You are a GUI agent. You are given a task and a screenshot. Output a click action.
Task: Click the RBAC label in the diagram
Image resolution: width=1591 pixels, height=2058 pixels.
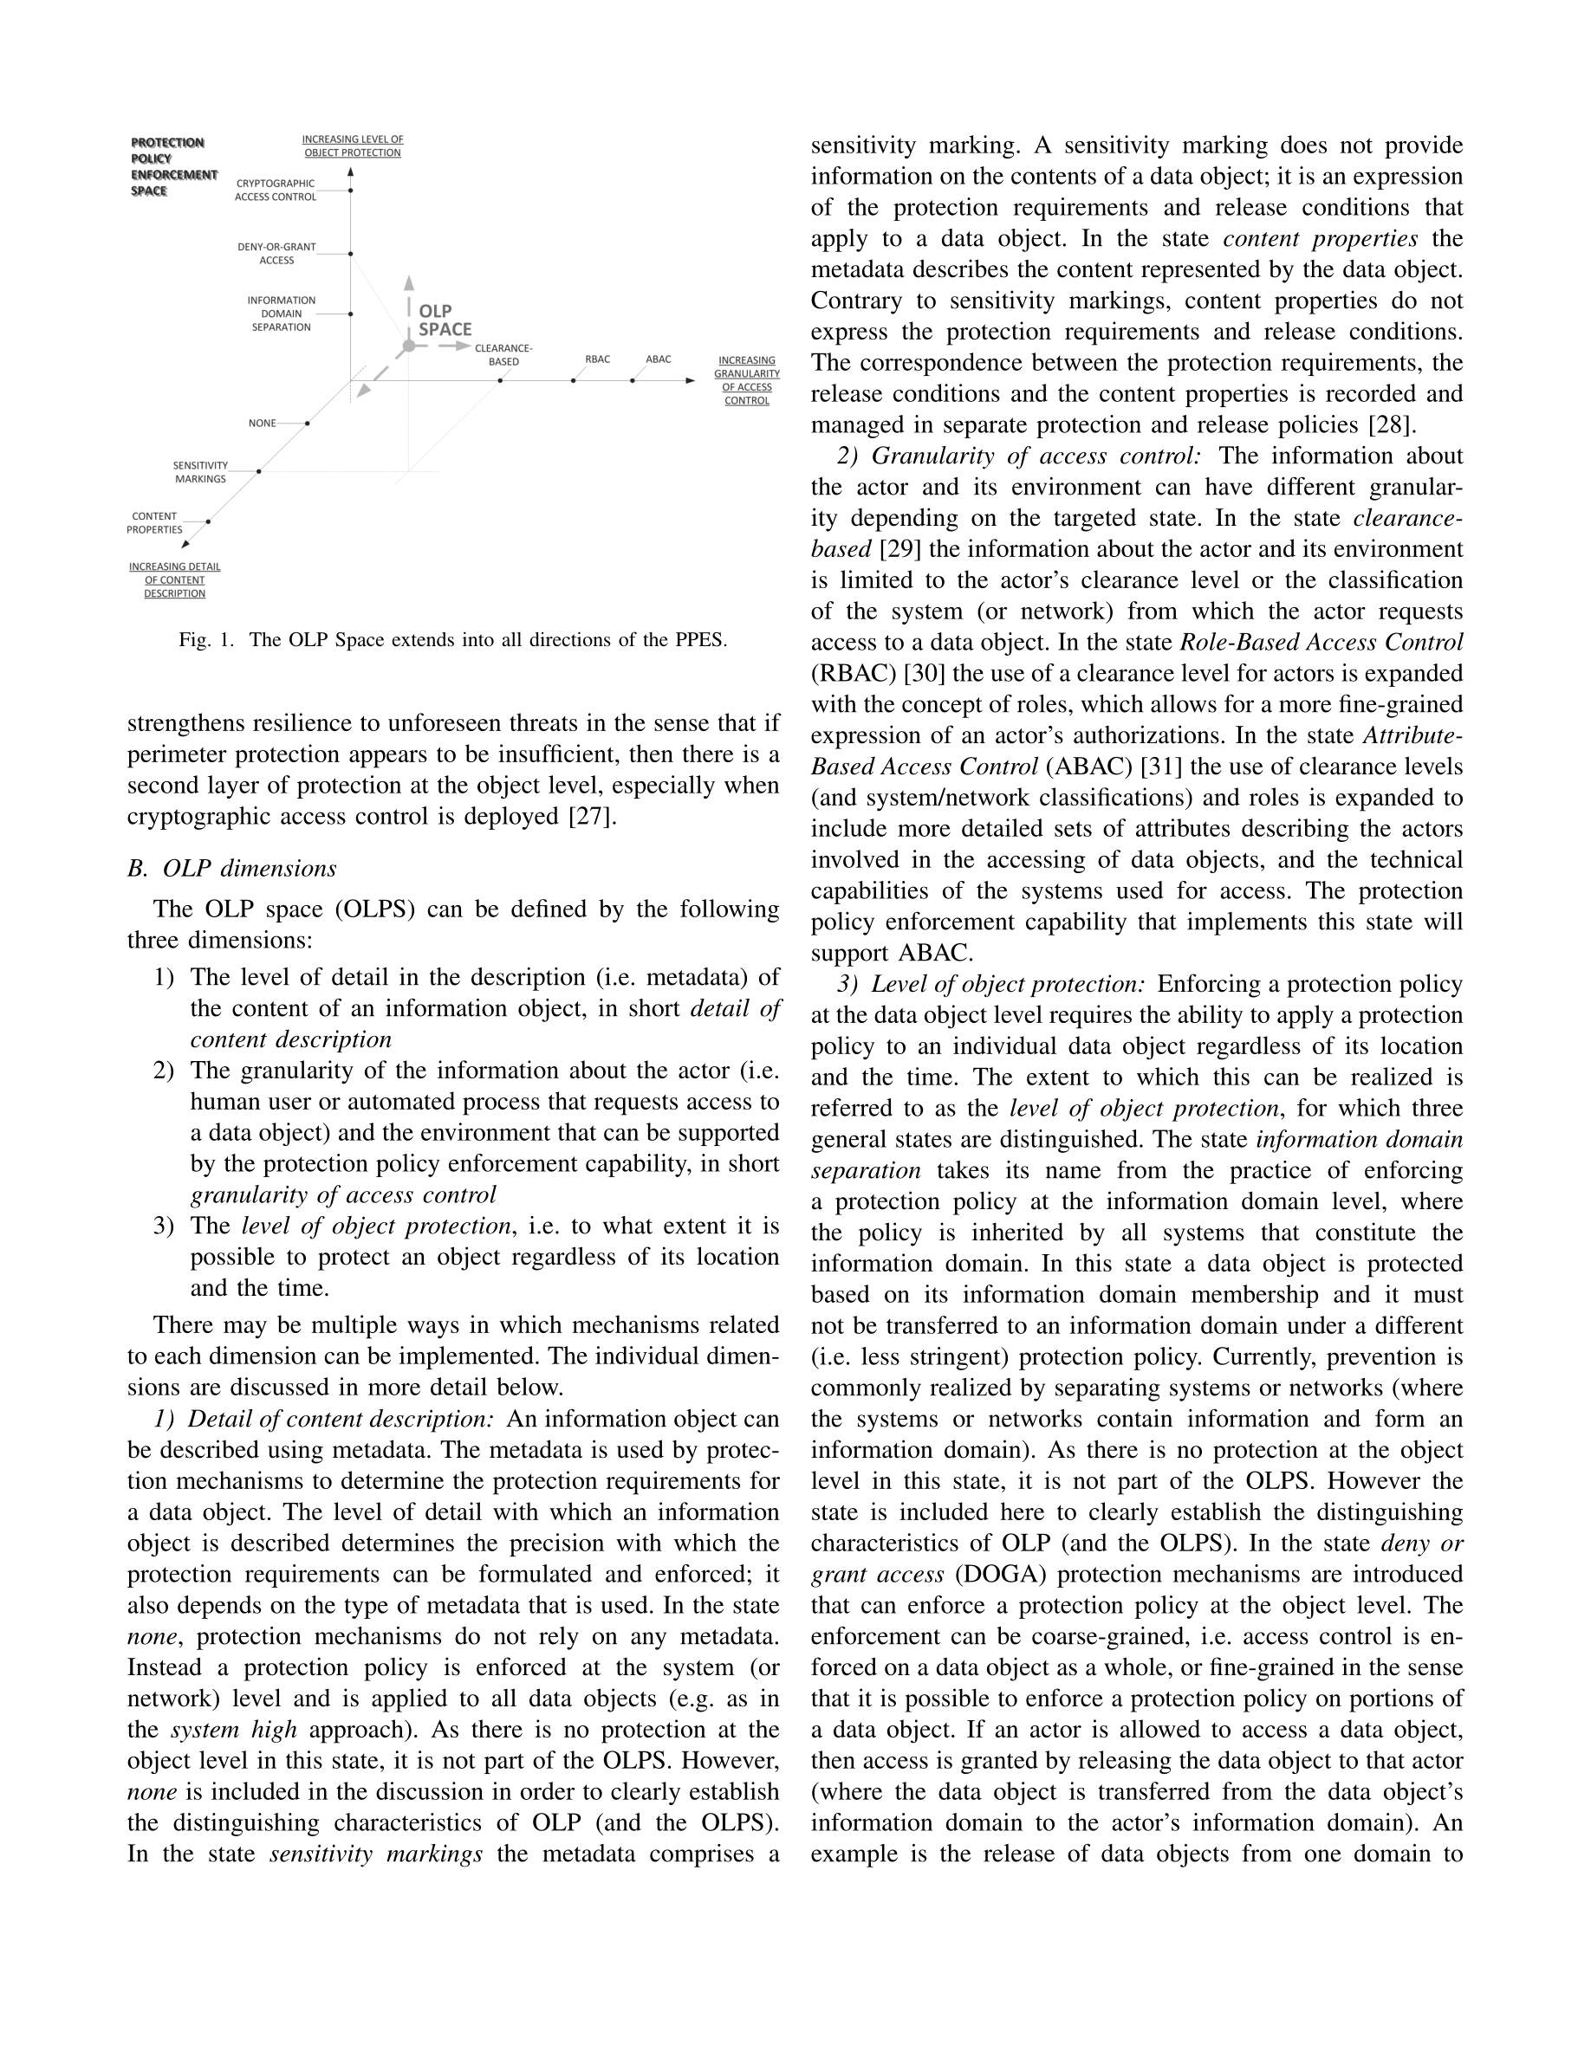pos(598,359)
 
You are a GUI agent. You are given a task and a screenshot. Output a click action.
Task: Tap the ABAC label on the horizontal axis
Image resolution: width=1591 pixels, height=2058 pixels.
pos(658,359)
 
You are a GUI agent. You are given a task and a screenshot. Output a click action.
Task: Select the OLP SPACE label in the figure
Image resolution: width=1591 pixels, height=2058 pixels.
pos(445,320)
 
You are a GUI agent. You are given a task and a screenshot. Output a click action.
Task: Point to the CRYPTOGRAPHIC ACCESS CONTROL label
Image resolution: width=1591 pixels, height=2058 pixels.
pos(276,191)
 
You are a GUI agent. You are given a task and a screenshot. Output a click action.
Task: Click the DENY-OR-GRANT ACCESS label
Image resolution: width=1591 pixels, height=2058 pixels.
pos(276,254)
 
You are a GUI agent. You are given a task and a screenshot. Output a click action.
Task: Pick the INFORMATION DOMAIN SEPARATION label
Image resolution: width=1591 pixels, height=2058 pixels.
pos(281,314)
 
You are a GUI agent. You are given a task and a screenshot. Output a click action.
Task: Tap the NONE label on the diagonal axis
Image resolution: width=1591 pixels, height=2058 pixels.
pos(262,423)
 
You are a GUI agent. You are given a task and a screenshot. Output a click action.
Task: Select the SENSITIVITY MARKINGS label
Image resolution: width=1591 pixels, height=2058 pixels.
pos(200,472)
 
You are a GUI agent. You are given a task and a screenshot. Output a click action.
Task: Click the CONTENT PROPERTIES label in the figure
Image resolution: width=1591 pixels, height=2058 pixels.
pos(154,523)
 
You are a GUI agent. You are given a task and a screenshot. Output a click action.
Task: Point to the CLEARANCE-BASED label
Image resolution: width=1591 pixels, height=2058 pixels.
pos(503,354)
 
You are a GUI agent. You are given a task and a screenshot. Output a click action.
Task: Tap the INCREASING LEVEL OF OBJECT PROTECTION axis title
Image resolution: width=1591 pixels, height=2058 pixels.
pos(353,146)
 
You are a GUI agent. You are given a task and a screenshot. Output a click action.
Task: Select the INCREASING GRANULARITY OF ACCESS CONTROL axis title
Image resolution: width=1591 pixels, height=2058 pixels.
pos(746,381)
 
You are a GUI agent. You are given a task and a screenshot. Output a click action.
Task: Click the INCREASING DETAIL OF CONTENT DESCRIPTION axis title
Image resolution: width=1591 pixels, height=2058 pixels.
pos(174,580)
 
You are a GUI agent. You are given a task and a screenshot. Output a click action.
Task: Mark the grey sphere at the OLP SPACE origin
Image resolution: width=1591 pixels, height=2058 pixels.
pos(408,346)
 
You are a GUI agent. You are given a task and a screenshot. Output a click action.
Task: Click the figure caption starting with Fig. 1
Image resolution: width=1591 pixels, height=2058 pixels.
pos(452,641)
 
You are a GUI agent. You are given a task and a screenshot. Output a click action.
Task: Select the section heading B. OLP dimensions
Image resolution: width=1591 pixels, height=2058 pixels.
pos(232,868)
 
